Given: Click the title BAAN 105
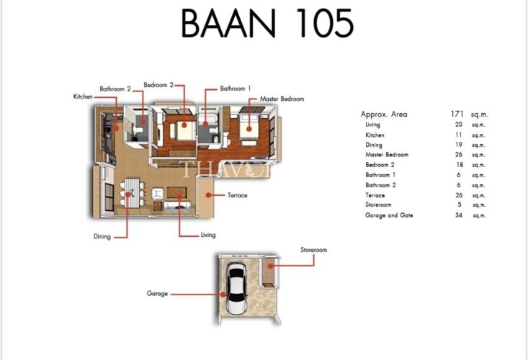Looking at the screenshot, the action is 267,23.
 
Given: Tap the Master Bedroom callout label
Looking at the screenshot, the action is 282,99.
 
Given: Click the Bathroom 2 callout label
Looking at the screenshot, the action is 115,89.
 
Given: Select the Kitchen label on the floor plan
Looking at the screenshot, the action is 83,96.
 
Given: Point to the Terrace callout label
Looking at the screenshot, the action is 238,195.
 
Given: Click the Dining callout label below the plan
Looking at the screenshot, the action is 102,237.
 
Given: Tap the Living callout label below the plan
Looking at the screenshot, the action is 208,235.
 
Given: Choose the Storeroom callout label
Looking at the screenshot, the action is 313,250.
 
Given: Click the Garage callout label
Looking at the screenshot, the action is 157,293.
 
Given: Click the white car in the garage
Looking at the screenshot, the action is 236,288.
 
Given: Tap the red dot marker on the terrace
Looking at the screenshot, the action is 208,195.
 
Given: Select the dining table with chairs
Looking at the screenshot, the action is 133,193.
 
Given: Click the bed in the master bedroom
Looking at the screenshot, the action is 249,126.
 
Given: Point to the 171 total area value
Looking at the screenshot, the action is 457,114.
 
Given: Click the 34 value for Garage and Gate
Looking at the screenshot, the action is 459,215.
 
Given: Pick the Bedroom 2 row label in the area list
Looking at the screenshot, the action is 380,165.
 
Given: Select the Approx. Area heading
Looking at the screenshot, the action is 384,114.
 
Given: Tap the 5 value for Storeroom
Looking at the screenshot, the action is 460,204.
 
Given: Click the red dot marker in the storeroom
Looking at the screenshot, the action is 270,266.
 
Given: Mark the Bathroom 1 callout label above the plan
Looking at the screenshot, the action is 236,89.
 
